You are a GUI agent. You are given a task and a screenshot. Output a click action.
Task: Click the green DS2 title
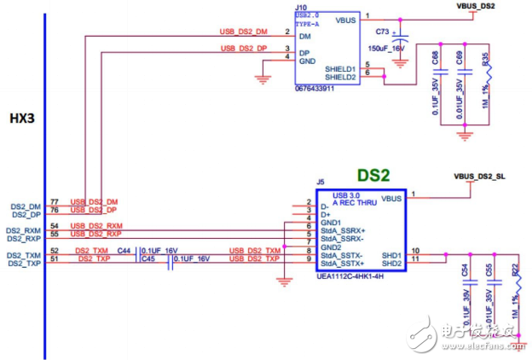click(x=373, y=175)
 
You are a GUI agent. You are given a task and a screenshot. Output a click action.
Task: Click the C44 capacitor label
click(x=124, y=250)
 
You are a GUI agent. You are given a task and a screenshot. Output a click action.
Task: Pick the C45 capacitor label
click(x=147, y=258)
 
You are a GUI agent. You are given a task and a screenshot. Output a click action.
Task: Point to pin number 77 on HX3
click(x=55, y=202)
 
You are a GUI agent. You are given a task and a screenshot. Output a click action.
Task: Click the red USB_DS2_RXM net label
click(x=95, y=225)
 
